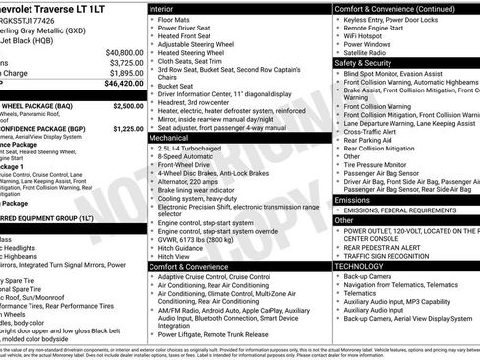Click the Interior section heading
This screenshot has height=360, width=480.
(163, 8)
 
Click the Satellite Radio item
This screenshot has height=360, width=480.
(367, 53)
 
